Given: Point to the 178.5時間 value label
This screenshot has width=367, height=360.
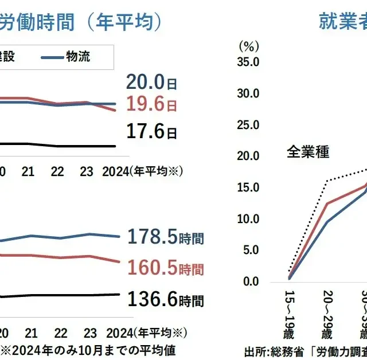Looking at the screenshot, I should coord(166,237).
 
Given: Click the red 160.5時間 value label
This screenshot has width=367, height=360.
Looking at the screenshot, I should coord(166,267).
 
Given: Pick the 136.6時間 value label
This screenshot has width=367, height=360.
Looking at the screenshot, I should coord(166,300).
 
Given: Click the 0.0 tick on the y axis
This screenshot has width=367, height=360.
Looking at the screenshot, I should coord(251,281).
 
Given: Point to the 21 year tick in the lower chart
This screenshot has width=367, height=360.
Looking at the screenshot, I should coord(31,332).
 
